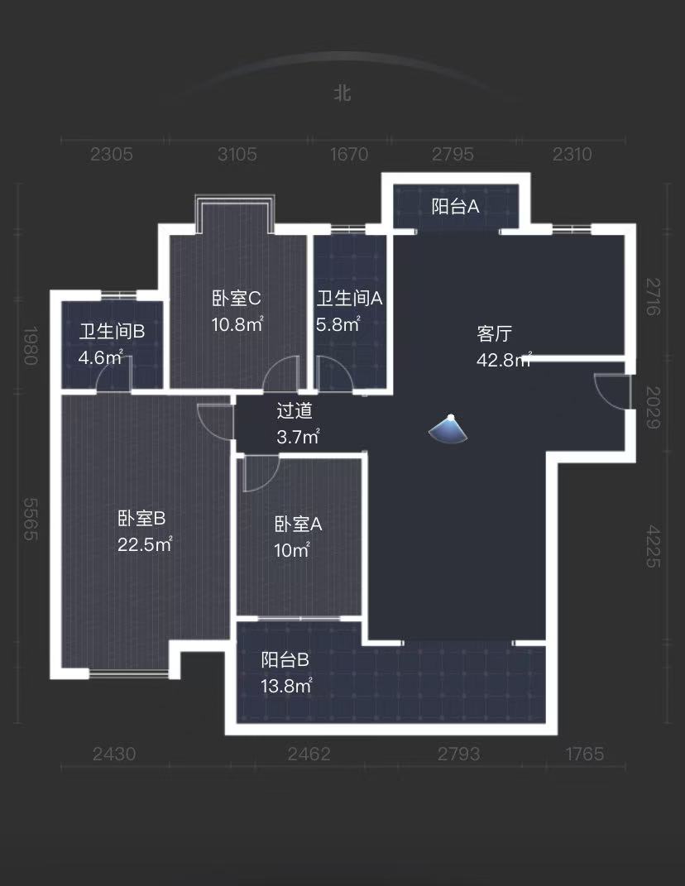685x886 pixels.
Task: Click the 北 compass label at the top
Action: point(342,93)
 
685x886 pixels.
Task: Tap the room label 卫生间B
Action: point(112,332)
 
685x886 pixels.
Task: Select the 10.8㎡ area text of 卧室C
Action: point(237,324)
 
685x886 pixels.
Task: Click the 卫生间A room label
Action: point(349,299)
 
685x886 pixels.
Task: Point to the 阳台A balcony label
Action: point(455,206)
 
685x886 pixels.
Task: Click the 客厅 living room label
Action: point(495,334)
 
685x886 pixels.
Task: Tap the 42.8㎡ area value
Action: point(503,360)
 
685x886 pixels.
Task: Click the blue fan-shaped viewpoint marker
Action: point(449,429)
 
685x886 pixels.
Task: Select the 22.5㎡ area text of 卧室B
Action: point(144,544)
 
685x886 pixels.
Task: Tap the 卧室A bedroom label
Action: point(298,524)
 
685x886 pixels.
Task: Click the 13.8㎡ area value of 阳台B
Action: point(286,686)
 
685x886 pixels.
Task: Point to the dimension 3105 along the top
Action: point(237,154)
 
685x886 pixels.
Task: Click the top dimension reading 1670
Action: point(348,154)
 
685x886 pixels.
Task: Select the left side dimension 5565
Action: point(31,520)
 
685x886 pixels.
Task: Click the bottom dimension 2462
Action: point(309,754)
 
